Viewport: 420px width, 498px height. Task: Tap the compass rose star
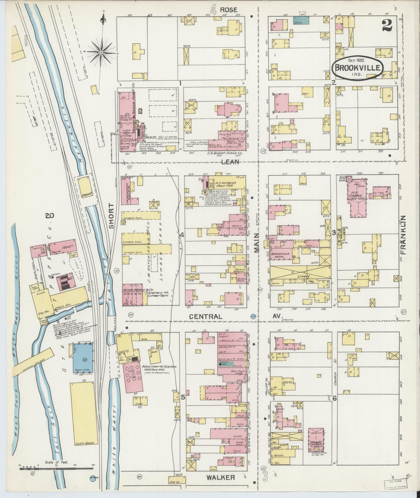[x=101, y=53]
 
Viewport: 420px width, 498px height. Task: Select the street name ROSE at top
[x=228, y=10]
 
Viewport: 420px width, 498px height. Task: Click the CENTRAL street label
[x=206, y=317]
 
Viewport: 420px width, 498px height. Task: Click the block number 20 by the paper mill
[x=49, y=216]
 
